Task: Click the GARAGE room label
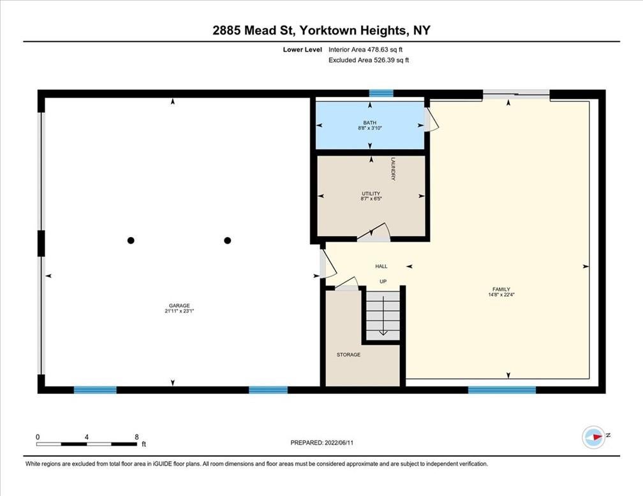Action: tap(179, 305)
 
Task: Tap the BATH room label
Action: tap(369, 122)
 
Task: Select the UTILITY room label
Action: tap(371, 193)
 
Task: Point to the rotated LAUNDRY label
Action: tap(393, 170)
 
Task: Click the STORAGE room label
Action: tap(348, 354)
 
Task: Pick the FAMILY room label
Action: tap(501, 289)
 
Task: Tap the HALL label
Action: tap(381, 266)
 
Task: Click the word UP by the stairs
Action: tap(383, 282)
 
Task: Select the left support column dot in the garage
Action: tap(131, 240)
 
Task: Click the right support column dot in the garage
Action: tap(228, 240)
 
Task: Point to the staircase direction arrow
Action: tap(383, 315)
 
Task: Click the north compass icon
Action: tap(594, 437)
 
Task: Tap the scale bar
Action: tap(87, 444)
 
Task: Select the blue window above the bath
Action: tap(381, 94)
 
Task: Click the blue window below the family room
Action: tap(502, 390)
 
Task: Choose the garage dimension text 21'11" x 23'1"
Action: tap(179, 311)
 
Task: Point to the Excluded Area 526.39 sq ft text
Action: tap(369, 61)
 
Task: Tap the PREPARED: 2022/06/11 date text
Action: tap(322, 442)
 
